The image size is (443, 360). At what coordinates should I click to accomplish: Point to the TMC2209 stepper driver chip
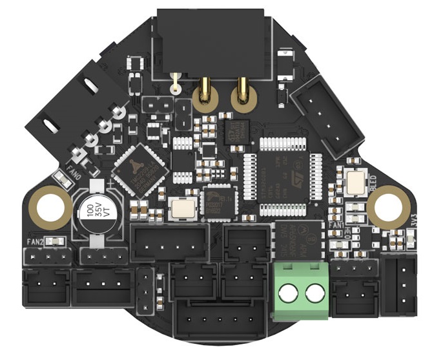140,167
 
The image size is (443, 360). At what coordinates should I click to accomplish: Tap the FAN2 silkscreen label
35,242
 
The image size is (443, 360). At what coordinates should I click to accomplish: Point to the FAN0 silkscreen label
73,174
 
